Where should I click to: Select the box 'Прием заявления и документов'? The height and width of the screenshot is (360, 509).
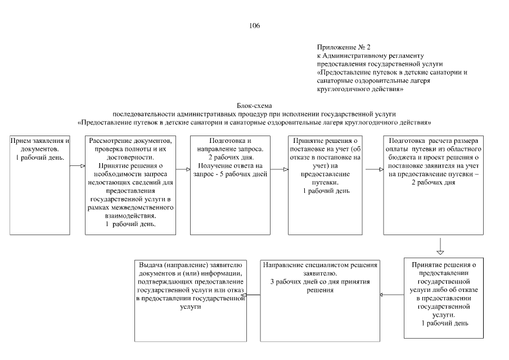(x=40, y=184)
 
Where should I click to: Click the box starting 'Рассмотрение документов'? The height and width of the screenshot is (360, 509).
(x=129, y=184)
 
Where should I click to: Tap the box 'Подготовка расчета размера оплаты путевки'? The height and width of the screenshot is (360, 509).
(x=433, y=184)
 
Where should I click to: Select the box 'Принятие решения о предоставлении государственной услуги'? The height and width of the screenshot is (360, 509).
(x=444, y=297)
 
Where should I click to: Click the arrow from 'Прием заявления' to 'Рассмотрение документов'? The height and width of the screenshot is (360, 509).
(x=78, y=166)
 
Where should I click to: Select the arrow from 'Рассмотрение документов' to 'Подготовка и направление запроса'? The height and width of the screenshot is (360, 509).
(x=182, y=168)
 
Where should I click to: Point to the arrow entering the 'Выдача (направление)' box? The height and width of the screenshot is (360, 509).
(x=254, y=294)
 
